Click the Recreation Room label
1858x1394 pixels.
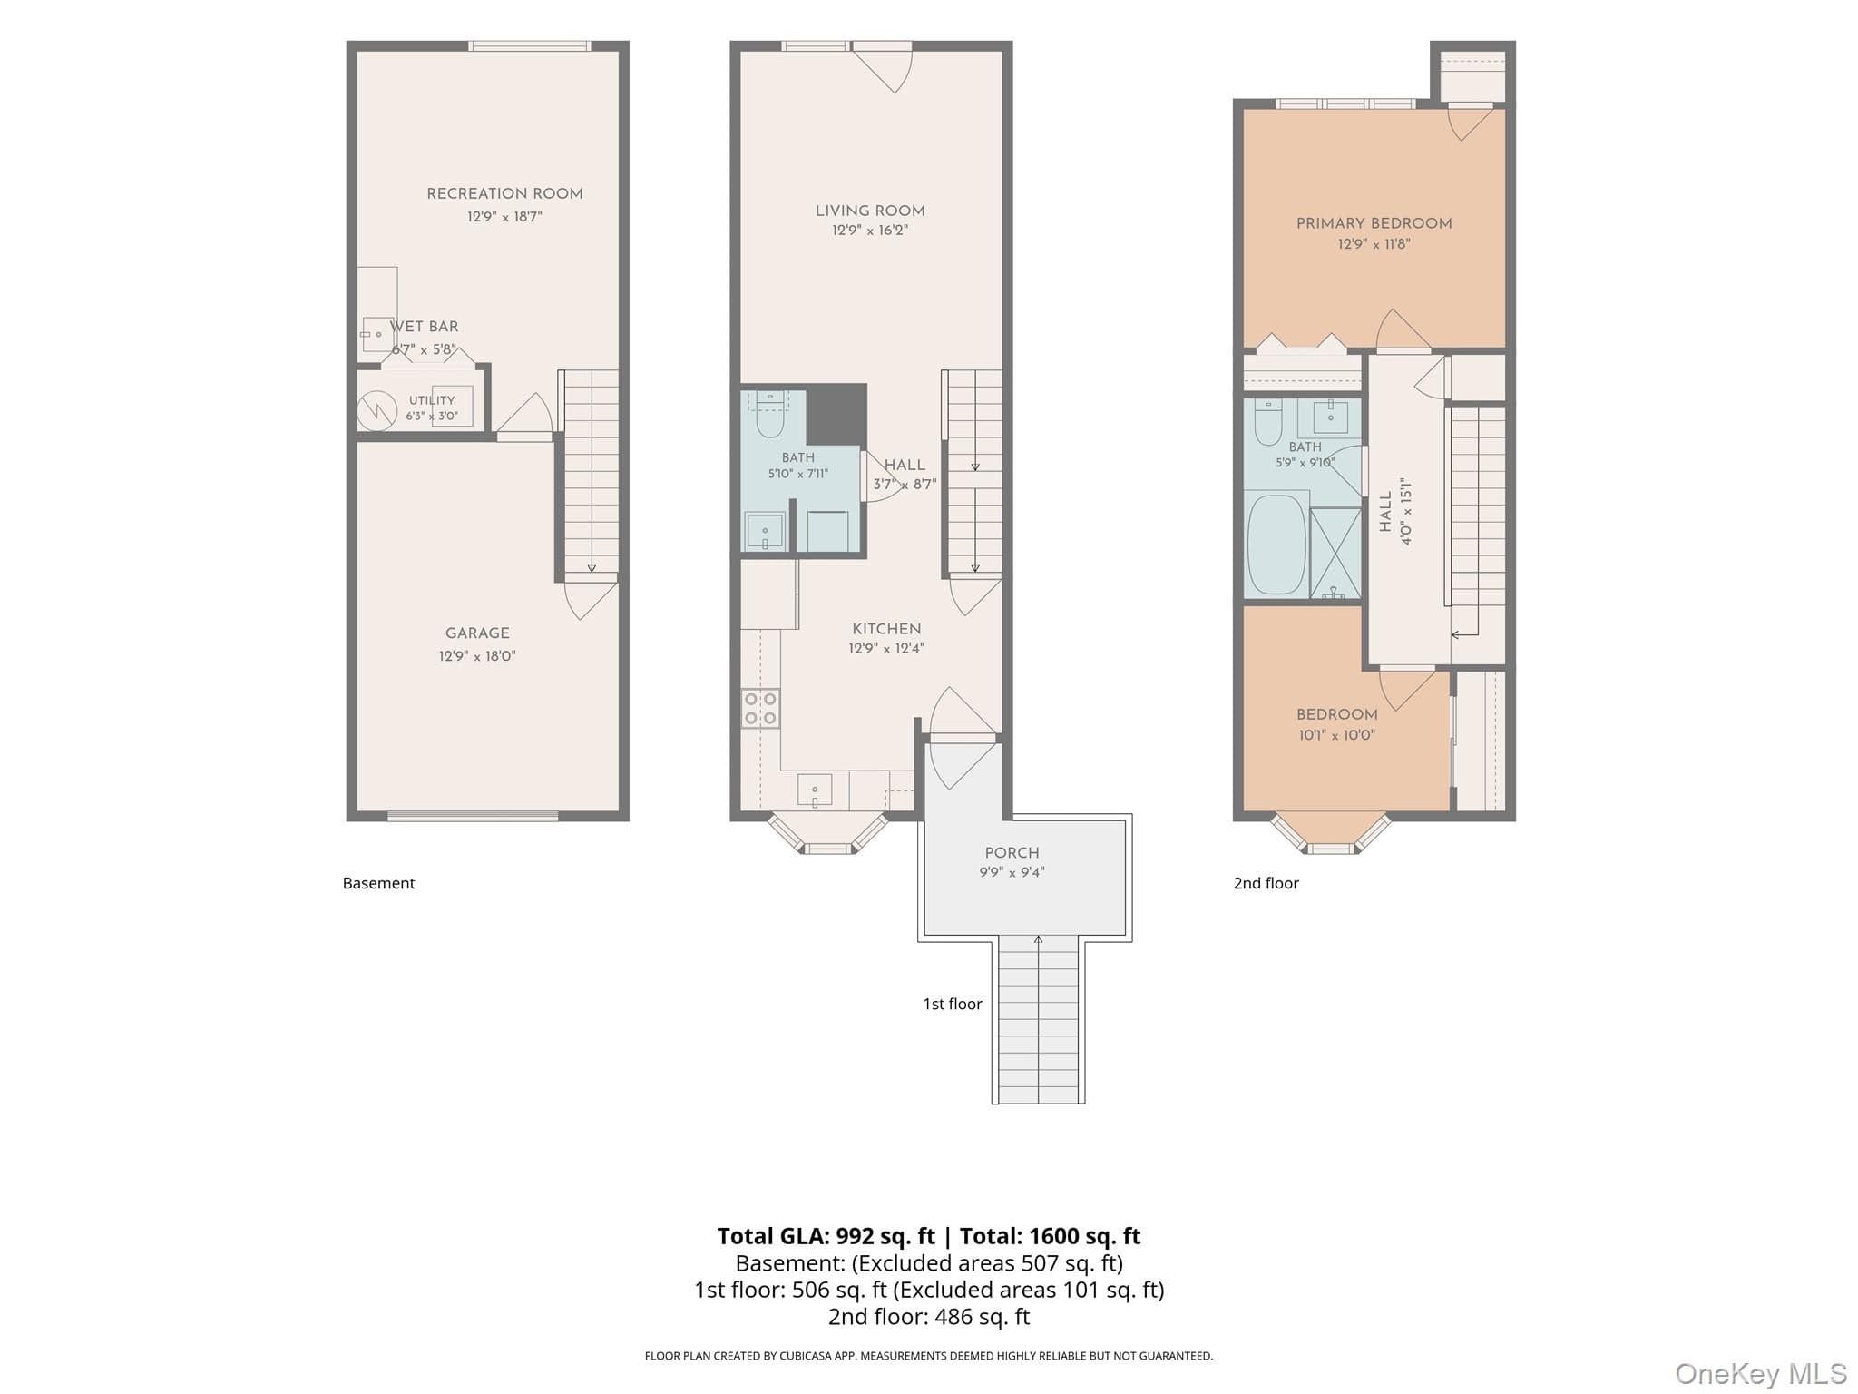coord(504,193)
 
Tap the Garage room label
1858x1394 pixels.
coord(477,633)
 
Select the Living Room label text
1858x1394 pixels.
coord(870,211)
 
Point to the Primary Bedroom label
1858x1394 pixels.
coord(1374,223)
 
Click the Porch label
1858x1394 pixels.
coord(1012,853)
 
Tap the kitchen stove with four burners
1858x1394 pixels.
coord(760,709)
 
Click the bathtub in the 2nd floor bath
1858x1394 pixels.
coord(1276,545)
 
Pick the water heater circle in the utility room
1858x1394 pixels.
coord(376,411)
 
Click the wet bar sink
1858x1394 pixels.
coord(375,335)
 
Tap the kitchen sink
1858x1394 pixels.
coord(815,790)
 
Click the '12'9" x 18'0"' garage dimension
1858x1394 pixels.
coord(477,656)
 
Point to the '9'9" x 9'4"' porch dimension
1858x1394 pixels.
coord(1012,872)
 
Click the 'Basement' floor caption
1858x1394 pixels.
coord(378,883)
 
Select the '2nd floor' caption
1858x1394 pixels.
coord(1266,883)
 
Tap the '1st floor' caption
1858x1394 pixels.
coord(953,1004)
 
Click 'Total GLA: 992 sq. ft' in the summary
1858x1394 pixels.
coord(826,1236)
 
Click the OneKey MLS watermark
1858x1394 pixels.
coord(1761,1374)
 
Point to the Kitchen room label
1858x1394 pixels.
coord(886,629)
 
